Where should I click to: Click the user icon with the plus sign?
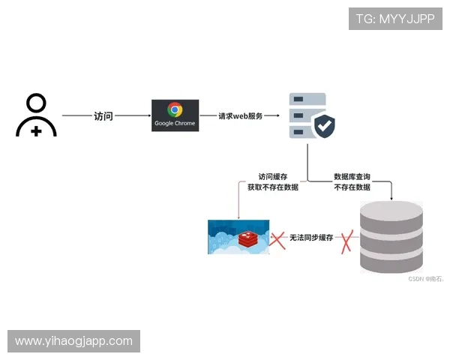point(36,115)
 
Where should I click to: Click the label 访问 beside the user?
point(103,116)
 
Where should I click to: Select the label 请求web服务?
point(240,116)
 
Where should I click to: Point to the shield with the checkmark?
point(324,126)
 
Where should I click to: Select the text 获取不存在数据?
point(272,187)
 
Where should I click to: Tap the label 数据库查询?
point(352,177)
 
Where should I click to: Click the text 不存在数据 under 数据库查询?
point(352,187)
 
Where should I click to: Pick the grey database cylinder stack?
point(391,237)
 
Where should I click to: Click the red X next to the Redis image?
point(278,240)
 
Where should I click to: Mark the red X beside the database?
point(346,241)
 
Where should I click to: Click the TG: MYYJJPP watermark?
point(395,19)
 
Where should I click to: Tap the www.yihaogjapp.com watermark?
point(74,341)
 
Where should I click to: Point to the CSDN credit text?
point(426,278)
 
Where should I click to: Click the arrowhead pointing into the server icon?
point(277,116)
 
